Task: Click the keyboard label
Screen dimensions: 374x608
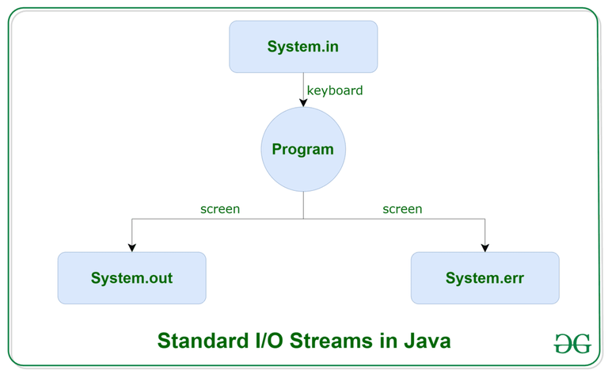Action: [335, 90]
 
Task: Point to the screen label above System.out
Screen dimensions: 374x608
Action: [220, 209]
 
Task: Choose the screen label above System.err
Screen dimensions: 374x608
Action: [402, 209]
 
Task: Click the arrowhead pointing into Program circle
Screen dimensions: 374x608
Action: [303, 102]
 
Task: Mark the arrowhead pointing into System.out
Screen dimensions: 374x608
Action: [132, 247]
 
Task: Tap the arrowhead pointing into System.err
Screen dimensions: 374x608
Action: [484, 247]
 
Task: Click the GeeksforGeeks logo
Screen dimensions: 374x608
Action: [572, 343]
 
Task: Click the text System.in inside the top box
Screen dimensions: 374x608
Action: [303, 47]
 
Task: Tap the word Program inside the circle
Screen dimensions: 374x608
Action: [303, 149]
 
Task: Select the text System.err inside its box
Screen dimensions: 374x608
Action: [484, 278]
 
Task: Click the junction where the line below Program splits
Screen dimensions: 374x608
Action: [303, 218]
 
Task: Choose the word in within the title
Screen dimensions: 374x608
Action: [389, 342]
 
